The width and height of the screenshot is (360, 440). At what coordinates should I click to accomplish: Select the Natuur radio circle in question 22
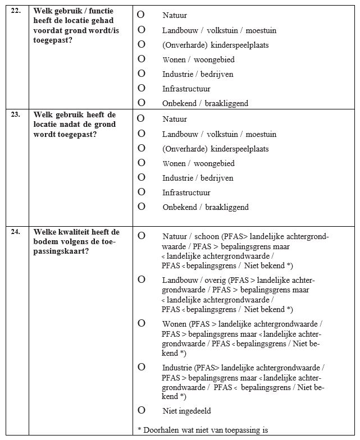tap(142, 14)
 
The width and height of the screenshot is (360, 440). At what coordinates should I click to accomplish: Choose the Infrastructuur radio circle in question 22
tap(142, 88)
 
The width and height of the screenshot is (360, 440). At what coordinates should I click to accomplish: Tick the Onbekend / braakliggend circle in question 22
tap(142, 102)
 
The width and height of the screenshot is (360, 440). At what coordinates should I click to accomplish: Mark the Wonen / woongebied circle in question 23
tap(142, 163)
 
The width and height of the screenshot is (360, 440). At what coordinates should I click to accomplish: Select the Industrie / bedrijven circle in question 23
tap(142, 177)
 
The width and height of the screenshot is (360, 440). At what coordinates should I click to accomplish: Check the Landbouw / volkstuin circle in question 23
tap(142, 134)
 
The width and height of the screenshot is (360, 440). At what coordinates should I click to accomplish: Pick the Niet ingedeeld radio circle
tap(142, 410)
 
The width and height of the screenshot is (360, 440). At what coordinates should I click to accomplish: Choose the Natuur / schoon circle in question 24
tap(142, 236)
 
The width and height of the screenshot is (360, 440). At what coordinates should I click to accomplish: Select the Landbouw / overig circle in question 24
tap(142, 279)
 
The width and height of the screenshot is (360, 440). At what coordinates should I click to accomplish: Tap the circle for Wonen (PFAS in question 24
tap(142, 323)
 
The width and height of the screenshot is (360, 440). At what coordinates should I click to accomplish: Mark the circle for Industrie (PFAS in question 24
tap(142, 366)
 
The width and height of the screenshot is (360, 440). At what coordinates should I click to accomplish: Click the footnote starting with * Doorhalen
tap(203, 430)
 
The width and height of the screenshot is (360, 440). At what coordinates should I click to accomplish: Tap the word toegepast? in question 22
tap(54, 40)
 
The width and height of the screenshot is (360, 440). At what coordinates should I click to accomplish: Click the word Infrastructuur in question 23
tap(186, 192)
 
